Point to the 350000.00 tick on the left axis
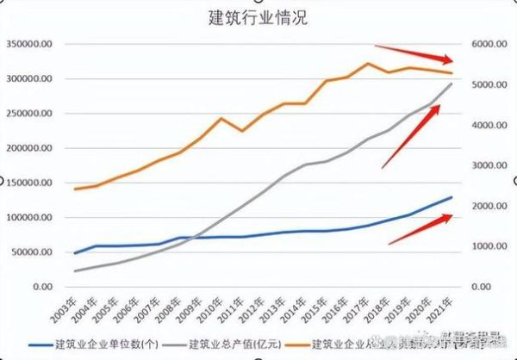coord(30,44)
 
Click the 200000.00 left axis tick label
coord(30,148)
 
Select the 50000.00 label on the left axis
coord(33,251)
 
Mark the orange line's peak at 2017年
coord(368,63)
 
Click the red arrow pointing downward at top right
coord(414,53)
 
